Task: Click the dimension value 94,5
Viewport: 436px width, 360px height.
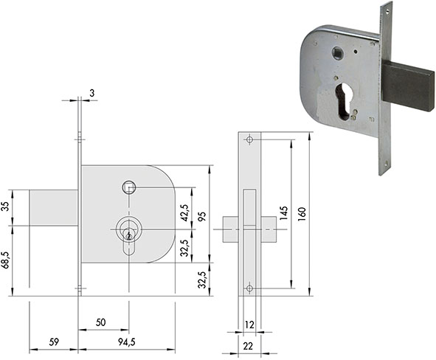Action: pos(127,342)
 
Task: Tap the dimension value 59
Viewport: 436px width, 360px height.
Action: pos(54,342)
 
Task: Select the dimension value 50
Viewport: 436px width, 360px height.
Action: pos(100,322)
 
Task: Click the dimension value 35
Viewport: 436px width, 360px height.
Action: pos(6,207)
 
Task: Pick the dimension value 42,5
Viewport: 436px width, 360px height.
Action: pos(184,212)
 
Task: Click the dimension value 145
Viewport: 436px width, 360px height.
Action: pos(283,213)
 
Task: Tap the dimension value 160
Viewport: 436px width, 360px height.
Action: pos(302,214)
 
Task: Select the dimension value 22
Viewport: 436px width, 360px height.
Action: pos(248,346)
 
